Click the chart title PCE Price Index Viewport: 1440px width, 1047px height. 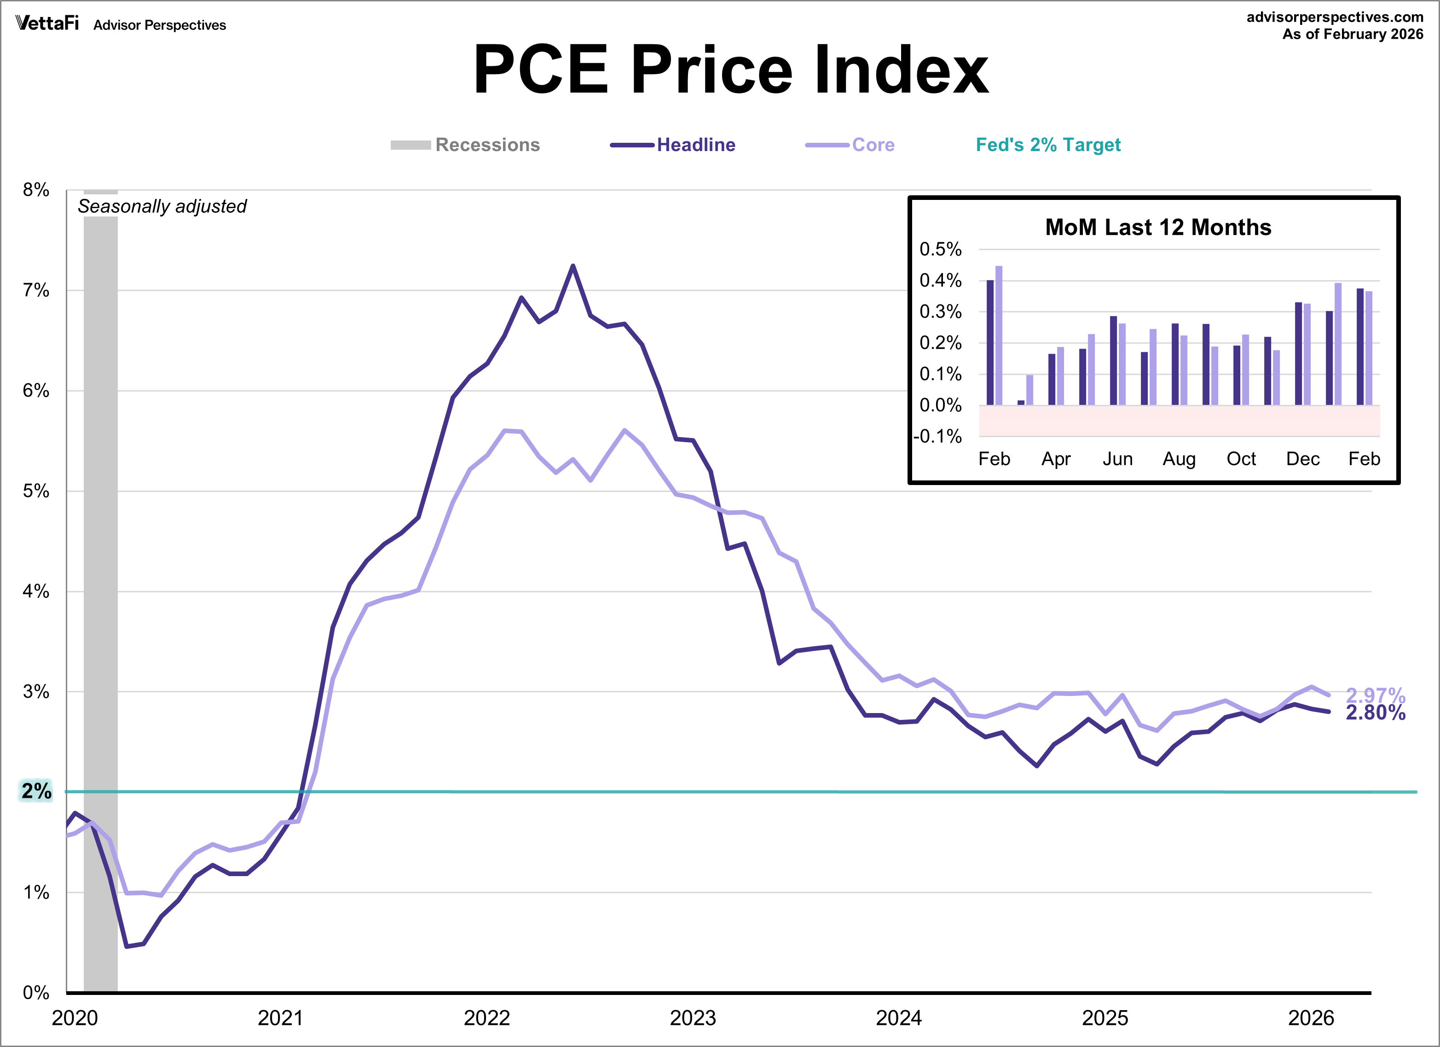click(x=731, y=70)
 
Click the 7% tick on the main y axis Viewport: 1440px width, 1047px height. click(x=36, y=290)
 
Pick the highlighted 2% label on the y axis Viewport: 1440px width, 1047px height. click(x=36, y=791)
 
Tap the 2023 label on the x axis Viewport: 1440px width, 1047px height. click(x=693, y=1018)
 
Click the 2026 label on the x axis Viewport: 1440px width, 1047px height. click(x=1311, y=1018)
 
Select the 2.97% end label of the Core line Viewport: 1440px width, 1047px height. click(x=1375, y=695)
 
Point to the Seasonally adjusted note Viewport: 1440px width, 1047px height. click(x=162, y=206)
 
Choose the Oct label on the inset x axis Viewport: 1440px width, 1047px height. click(x=1241, y=459)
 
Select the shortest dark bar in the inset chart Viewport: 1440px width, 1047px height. click(x=1021, y=402)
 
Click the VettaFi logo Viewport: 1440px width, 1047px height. click(x=47, y=23)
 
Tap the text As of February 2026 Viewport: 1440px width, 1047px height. click(x=1353, y=34)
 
